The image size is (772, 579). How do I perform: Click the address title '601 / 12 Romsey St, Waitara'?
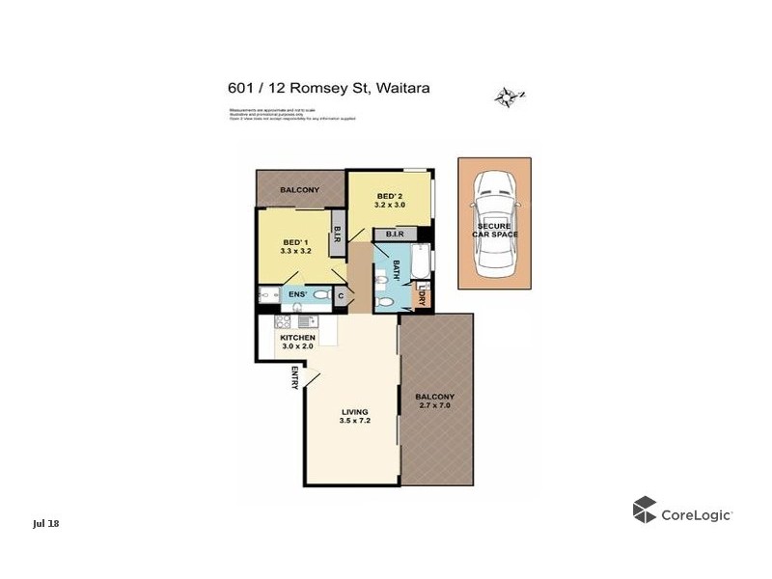click(327, 88)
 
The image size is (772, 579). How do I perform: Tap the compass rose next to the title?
click(508, 96)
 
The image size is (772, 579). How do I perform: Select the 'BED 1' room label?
click(294, 242)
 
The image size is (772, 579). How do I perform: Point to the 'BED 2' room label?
click(389, 197)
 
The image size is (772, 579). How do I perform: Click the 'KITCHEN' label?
click(298, 338)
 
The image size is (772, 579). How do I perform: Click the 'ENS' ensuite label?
click(298, 293)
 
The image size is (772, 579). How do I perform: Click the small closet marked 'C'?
click(341, 297)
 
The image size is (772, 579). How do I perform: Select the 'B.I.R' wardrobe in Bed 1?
click(337, 234)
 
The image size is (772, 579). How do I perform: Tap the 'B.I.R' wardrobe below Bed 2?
click(394, 234)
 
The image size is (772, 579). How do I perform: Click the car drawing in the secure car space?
click(494, 221)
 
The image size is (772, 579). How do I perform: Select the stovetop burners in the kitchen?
click(283, 321)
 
